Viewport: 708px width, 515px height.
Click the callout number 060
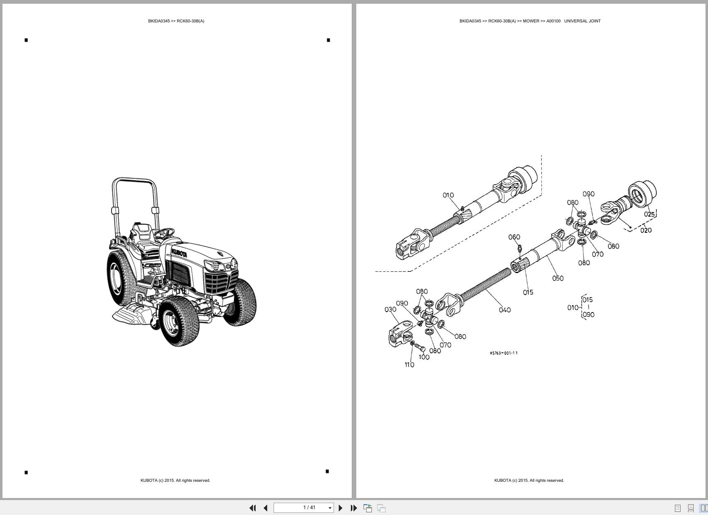[514, 237]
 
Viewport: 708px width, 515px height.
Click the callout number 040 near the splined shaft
[505, 310]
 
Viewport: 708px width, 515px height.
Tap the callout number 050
[558, 278]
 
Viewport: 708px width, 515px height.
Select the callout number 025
[649, 214]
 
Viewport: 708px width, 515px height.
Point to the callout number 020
[646, 230]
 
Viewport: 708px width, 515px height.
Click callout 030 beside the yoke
[390, 309]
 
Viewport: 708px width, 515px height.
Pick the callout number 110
[409, 364]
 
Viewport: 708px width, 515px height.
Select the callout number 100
[424, 357]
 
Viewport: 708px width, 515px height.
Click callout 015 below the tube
[528, 292]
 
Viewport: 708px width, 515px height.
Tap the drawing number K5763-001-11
[504, 353]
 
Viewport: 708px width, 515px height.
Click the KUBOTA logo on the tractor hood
[179, 253]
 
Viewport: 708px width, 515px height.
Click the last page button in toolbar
[353, 508]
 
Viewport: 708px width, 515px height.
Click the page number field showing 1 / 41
[304, 508]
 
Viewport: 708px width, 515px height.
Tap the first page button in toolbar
[252, 508]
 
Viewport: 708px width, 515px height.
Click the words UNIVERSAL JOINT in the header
[582, 21]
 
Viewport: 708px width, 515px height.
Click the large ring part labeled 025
[642, 193]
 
